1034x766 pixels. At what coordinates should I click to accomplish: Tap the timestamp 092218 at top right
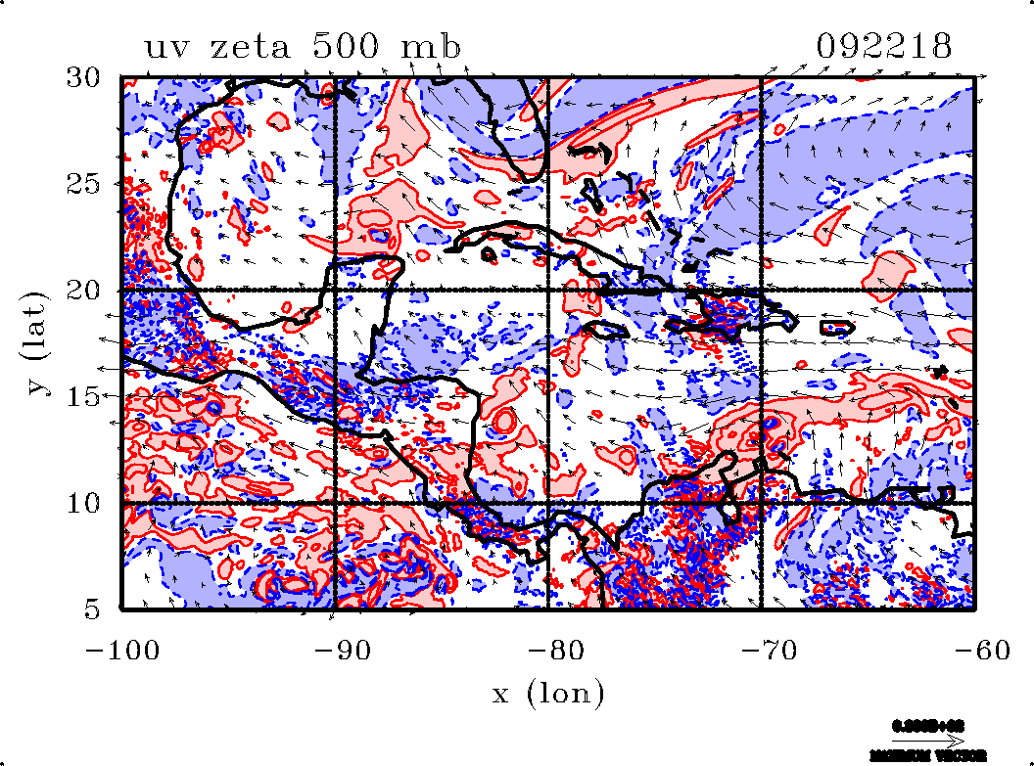pyautogui.click(x=883, y=47)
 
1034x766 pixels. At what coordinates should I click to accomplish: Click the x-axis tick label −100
pyautogui.click(x=121, y=650)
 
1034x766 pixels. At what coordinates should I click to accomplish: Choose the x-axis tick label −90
pyautogui.click(x=335, y=650)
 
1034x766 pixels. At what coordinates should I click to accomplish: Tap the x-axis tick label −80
pyautogui.click(x=548, y=650)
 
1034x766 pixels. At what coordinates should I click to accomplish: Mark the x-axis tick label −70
pyautogui.click(x=761, y=650)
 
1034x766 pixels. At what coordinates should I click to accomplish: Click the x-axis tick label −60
pyautogui.click(x=974, y=650)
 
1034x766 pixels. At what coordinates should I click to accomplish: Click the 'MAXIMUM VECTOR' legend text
pyautogui.click(x=928, y=756)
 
